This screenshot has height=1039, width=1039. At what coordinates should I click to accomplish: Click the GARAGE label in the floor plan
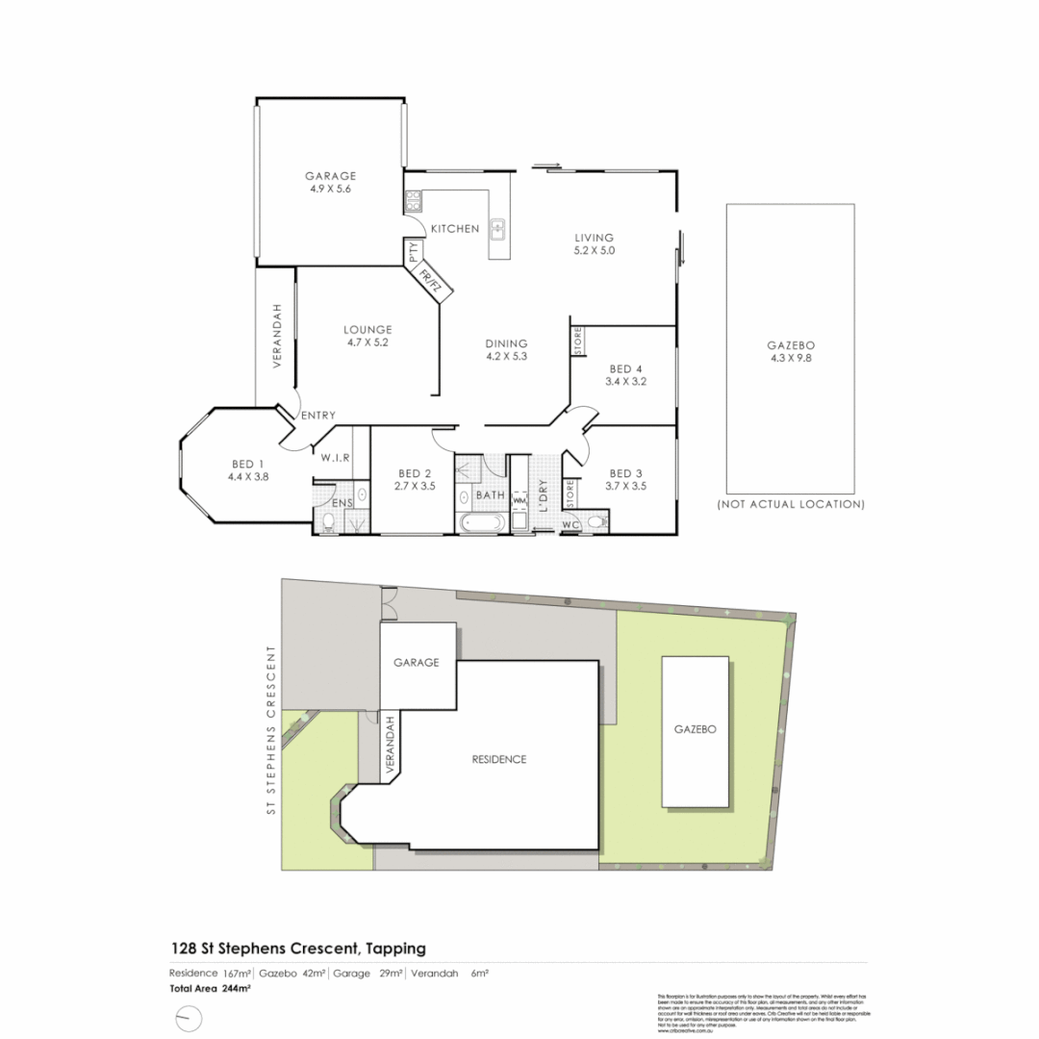[331, 176]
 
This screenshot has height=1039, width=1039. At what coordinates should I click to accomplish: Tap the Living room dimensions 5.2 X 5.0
[594, 250]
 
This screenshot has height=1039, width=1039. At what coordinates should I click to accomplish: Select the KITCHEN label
[455, 229]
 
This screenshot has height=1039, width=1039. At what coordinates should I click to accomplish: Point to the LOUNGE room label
[367, 329]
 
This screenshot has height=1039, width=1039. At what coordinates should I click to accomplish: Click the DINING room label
[507, 343]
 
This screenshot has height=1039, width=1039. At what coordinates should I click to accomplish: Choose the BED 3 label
[626, 473]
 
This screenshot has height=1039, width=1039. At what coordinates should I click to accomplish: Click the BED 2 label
[415, 473]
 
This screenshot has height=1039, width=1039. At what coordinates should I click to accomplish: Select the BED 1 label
[248, 464]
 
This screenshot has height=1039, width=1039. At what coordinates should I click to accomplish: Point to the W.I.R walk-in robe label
[334, 457]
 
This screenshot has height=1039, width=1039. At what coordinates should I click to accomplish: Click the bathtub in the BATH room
[479, 523]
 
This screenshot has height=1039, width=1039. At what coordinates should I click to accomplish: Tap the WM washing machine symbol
[519, 500]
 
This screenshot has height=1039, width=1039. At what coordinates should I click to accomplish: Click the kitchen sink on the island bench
[498, 229]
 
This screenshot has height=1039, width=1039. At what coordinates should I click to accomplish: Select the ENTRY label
[318, 416]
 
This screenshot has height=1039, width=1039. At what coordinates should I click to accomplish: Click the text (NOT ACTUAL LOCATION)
[791, 504]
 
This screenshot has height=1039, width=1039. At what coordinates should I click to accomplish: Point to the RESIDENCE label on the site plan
[499, 759]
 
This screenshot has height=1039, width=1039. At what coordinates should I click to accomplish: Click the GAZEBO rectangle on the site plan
[695, 731]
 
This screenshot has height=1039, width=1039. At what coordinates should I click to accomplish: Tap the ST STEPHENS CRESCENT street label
[272, 731]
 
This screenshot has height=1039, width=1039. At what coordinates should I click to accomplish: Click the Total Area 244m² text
[196, 988]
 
